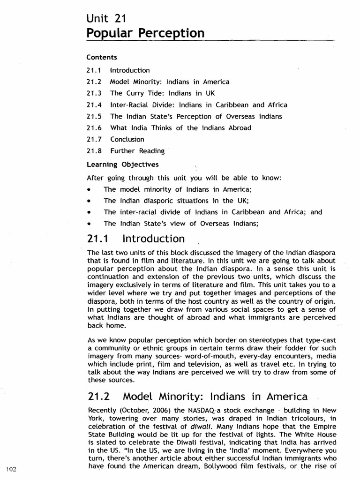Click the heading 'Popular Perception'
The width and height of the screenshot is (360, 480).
pos(146,34)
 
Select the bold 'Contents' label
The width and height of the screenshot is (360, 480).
pos(101,57)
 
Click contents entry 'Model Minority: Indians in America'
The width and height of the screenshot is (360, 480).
pos(170,82)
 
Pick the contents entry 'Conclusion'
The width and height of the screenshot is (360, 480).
pos(127,139)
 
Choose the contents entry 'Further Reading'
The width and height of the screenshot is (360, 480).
pos(137,151)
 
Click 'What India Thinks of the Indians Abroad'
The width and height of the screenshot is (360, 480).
pos(180,128)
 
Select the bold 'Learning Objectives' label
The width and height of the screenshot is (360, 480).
pos(122,165)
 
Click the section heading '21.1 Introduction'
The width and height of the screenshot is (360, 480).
pos(136,239)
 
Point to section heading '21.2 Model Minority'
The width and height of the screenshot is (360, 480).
pos(197,397)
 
